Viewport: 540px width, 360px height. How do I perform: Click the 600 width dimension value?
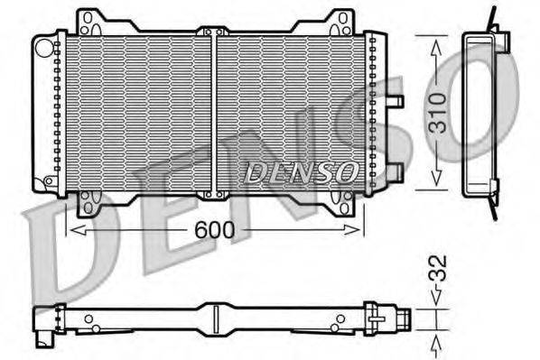pyautogui.click(x=215, y=230)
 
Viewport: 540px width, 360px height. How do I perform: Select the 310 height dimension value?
pyautogui.click(x=436, y=113)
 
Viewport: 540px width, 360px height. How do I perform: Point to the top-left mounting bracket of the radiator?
pyautogui.click(x=89, y=23)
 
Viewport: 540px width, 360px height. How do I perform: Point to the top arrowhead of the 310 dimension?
pyautogui.click(x=436, y=42)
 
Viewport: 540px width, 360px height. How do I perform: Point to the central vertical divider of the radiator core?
pyautogui.click(x=214, y=113)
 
